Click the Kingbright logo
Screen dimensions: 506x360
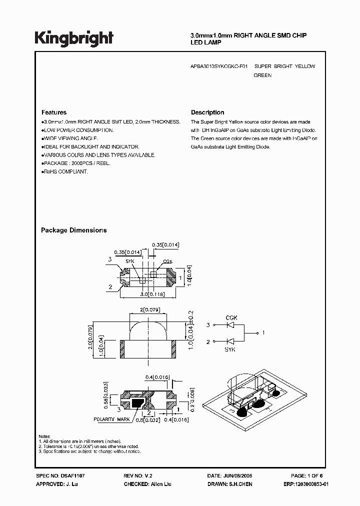pyautogui.click(x=74, y=38)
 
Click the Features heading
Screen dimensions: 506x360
pyautogui.click(x=53, y=112)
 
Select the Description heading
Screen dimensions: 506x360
pyautogui.click(x=207, y=112)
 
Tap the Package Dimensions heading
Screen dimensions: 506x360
pyautogui.click(x=73, y=230)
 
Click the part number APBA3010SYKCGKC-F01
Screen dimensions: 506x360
pyautogui.click(x=219, y=66)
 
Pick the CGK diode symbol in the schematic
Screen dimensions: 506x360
pyautogui.click(x=231, y=325)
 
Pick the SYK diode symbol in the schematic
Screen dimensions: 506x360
pyautogui.click(x=231, y=341)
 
